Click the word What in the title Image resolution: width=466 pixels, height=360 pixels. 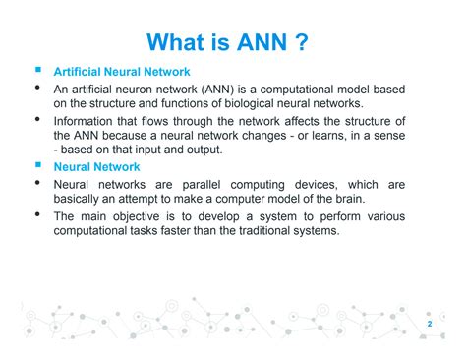click(x=178, y=41)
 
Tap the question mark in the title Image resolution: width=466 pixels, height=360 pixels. click(x=310, y=41)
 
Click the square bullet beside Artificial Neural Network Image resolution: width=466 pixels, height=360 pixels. click(x=36, y=72)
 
